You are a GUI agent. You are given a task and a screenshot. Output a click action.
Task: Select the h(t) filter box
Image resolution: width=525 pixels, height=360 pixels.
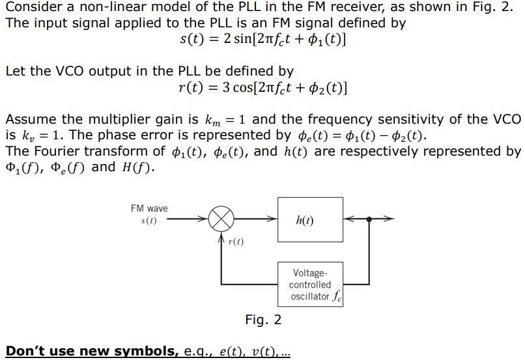pos(304,220)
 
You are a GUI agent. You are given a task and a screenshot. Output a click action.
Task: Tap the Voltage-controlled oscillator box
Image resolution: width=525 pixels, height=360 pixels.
pos(311,284)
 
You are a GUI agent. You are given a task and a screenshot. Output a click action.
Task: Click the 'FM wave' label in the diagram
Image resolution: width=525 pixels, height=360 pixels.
pos(149,208)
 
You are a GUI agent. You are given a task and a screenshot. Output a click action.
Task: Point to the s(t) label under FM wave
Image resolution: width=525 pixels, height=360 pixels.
pos(149,221)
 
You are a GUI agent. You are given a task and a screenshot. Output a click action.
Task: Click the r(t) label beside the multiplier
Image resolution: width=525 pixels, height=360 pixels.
pos(236,242)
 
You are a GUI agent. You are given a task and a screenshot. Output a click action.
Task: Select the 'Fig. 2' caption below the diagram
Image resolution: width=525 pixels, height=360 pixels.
pos(263,320)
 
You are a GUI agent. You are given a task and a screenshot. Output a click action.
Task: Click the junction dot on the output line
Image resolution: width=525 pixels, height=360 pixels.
pos(370,220)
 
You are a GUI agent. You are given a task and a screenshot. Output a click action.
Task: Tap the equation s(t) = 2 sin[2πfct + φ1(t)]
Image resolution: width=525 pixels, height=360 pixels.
pos(262,38)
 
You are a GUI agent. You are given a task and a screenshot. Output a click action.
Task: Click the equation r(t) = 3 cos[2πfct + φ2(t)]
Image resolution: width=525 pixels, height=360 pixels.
pos(262,87)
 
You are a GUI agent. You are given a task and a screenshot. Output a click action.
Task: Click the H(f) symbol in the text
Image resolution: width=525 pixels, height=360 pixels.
pos(136,167)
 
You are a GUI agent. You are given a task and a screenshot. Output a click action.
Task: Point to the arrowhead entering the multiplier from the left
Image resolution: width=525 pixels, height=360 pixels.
pos(205,220)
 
